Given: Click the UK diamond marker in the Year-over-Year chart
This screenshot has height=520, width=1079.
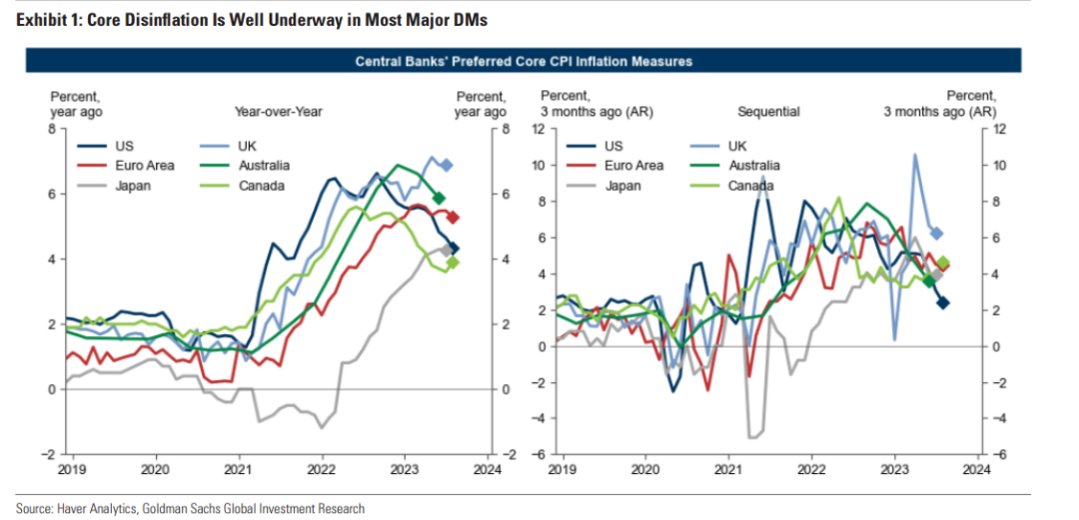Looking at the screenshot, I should tap(447, 165).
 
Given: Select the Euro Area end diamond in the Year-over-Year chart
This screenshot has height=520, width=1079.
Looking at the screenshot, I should tap(453, 217).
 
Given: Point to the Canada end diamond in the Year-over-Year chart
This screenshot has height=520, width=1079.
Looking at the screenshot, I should tap(452, 263).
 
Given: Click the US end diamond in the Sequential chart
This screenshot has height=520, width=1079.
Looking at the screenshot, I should tap(942, 303).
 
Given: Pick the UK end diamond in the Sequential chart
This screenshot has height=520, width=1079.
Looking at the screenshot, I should tap(936, 233).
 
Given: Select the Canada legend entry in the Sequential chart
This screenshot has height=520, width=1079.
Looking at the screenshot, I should tap(749, 186).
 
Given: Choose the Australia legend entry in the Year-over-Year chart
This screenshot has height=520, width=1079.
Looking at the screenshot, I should tap(264, 166).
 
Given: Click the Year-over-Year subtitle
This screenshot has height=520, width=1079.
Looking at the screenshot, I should tap(278, 112).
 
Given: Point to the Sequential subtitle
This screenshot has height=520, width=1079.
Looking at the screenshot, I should tap(768, 112).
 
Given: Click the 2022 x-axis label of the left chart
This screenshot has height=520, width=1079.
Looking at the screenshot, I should tap(321, 468).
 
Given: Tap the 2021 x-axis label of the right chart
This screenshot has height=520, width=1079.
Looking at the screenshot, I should tap(727, 468).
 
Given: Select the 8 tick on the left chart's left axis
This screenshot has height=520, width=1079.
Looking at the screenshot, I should tap(54, 129).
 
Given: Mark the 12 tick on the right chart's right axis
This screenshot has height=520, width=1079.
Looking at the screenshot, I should tap(999, 129).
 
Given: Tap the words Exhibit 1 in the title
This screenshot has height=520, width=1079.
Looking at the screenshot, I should tap(42, 20).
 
